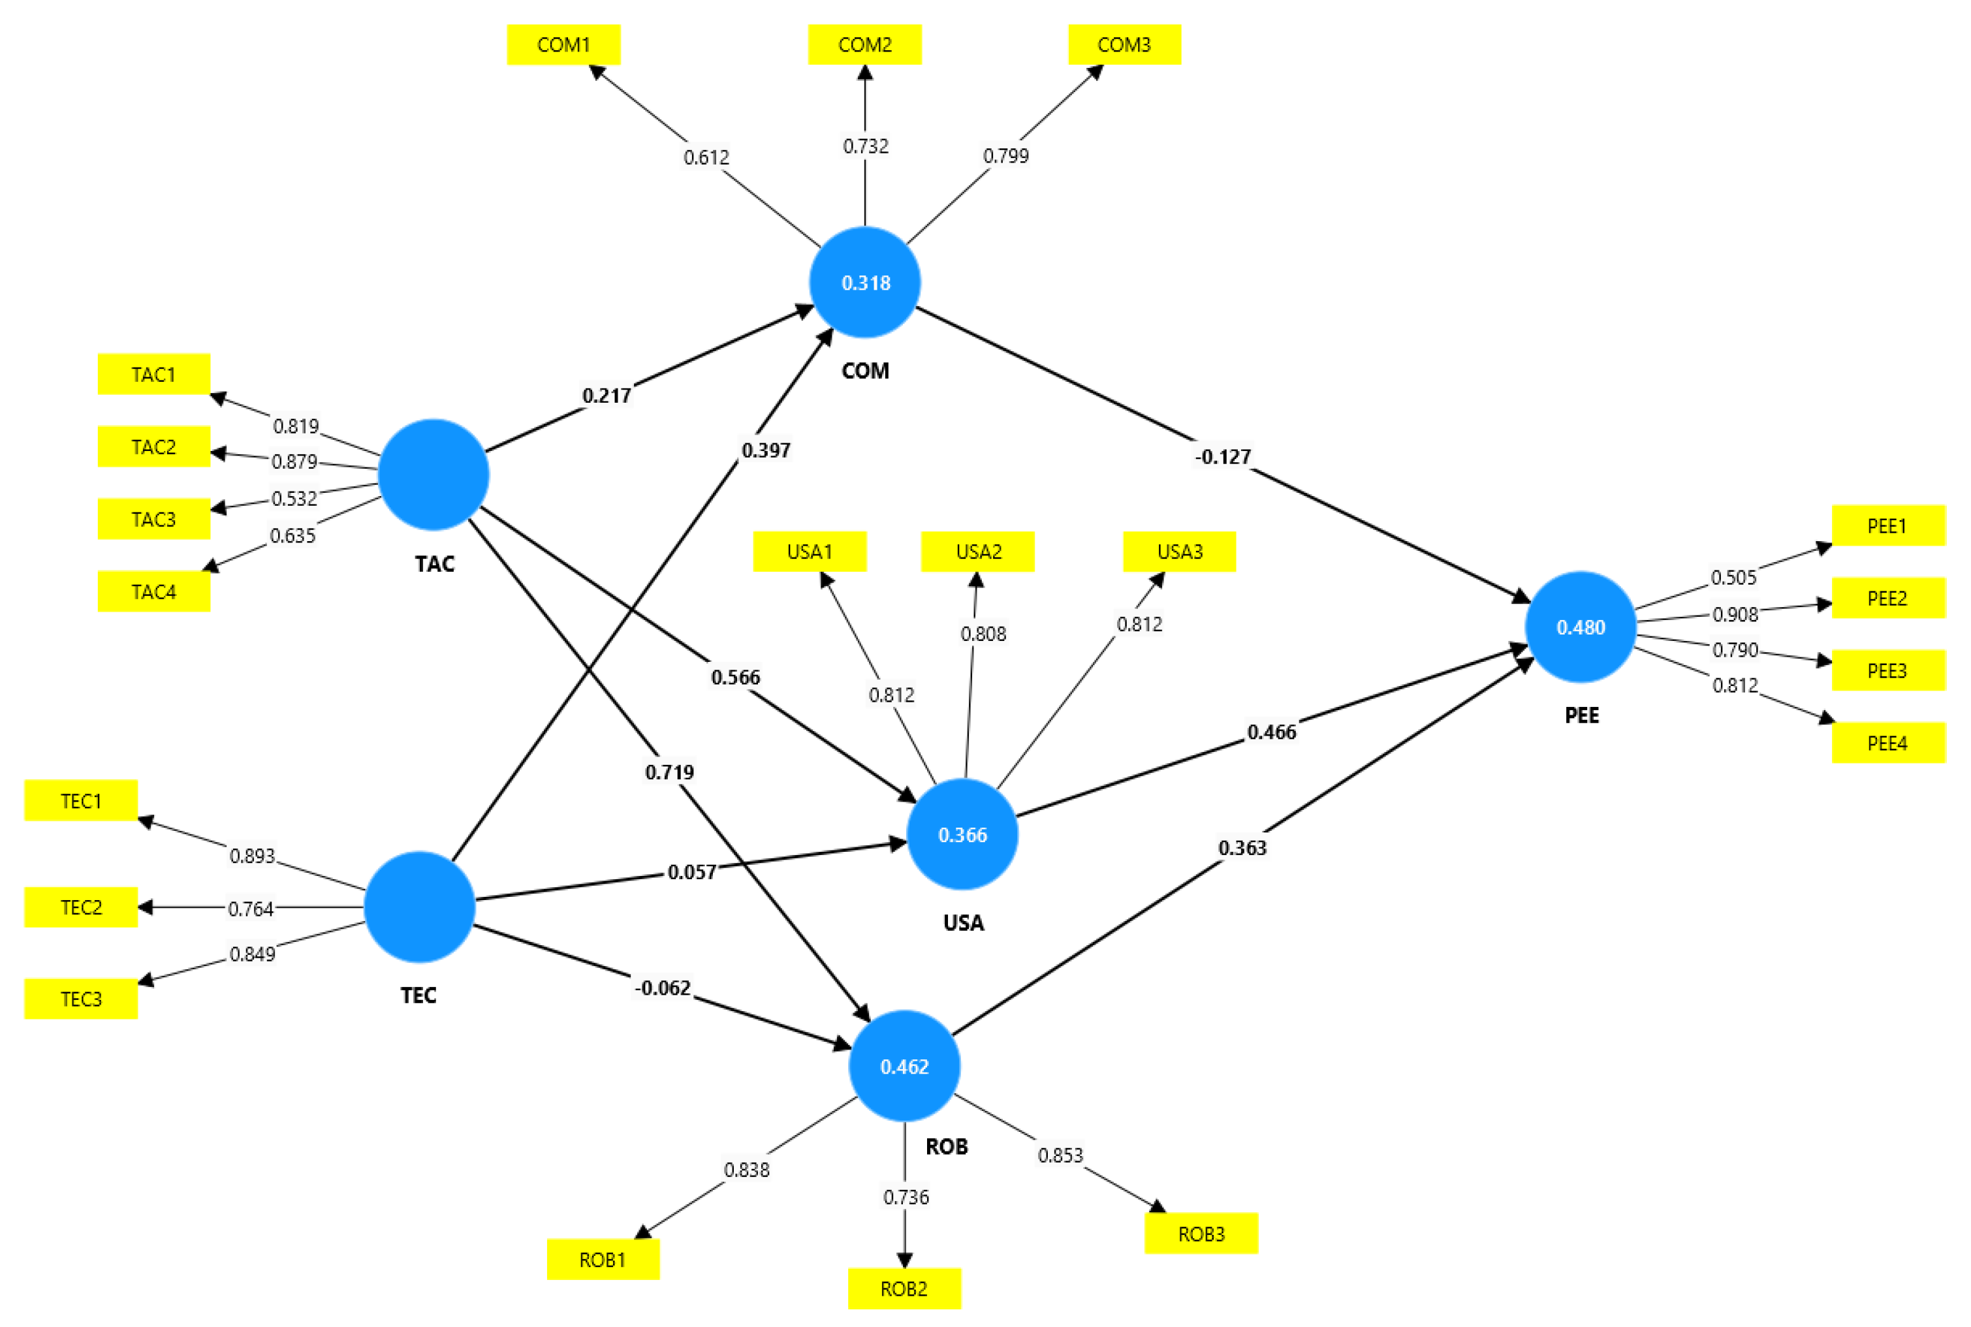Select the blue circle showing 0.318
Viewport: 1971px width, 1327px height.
[865, 282]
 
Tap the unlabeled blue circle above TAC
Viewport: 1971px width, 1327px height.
[434, 474]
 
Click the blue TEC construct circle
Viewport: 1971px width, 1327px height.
[419, 907]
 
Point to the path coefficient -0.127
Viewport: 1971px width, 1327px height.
[1222, 457]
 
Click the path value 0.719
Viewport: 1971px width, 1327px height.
[669, 772]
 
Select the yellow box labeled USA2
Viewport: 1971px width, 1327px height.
[977, 551]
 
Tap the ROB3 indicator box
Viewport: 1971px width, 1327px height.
[1201, 1233]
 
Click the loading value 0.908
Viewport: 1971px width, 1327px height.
[1735, 614]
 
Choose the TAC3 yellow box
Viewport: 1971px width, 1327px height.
[153, 519]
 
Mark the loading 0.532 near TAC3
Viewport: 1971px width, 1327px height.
[294, 499]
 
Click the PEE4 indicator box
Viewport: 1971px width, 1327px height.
[1887, 742]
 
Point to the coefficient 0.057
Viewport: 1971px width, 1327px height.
[691, 871]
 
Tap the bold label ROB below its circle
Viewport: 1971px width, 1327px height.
[946, 1146]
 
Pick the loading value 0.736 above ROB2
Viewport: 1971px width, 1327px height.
[906, 1196]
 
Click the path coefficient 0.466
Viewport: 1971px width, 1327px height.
[1271, 732]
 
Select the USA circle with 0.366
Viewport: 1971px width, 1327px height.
[962, 834]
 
